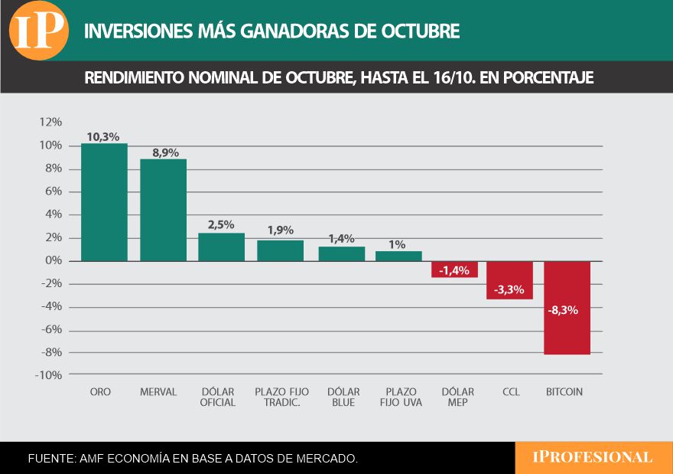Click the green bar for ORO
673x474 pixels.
[104, 202]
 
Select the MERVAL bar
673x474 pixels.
[163, 210]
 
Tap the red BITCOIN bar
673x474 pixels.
[566, 308]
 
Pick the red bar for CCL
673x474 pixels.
[509, 279]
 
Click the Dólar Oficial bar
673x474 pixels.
[221, 247]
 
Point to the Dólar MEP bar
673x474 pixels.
[454, 270]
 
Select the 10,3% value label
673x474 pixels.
[102, 136]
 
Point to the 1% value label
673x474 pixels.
[397, 244]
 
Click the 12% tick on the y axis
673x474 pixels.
[50, 122]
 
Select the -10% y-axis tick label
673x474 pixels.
[48, 375]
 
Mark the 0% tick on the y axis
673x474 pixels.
[53, 260]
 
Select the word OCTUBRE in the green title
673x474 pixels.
[418, 31]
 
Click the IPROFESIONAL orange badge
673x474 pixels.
[593, 457]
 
